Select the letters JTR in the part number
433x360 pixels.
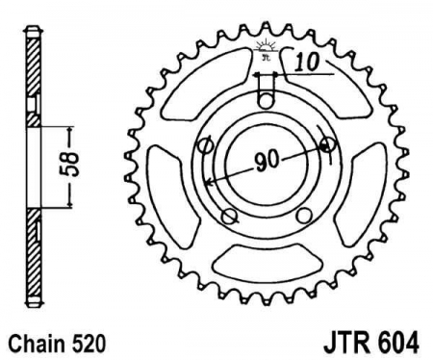[x=347, y=343]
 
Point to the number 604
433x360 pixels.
[x=398, y=343]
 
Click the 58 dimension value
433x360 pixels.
[x=70, y=166]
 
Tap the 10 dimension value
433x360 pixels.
[x=307, y=62]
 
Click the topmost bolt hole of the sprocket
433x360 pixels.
[x=266, y=102]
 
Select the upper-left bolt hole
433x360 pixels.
[x=206, y=146]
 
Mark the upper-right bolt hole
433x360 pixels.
[x=328, y=145]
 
